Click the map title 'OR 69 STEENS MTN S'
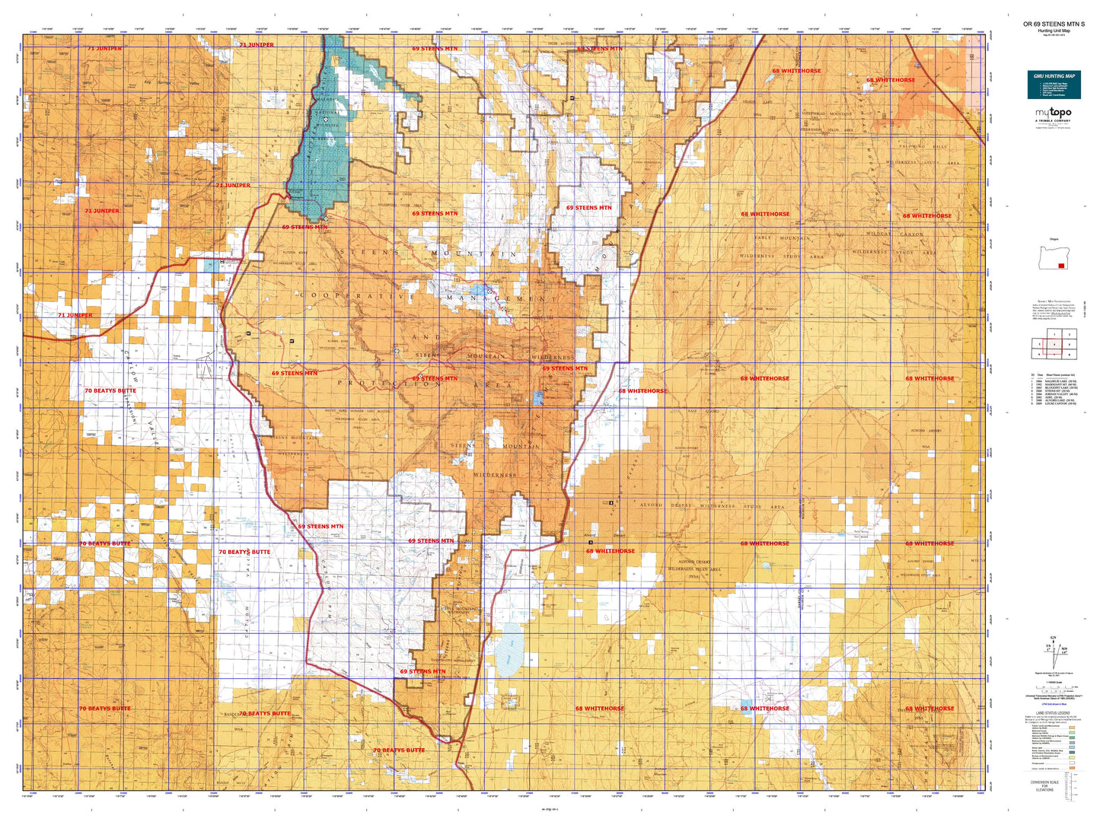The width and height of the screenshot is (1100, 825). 1054,24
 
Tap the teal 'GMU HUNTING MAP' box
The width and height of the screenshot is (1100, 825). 1054,84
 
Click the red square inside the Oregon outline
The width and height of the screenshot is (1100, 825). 1061,266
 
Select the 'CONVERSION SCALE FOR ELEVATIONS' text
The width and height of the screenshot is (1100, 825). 1044,785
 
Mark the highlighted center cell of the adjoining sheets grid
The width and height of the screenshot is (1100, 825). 1054,345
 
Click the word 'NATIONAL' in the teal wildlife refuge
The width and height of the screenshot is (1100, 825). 328,113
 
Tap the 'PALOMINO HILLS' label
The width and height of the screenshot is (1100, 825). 923,146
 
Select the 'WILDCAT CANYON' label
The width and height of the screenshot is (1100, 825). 894,234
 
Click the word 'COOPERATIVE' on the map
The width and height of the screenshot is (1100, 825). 358,295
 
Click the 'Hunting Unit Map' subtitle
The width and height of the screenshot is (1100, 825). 1054,30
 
